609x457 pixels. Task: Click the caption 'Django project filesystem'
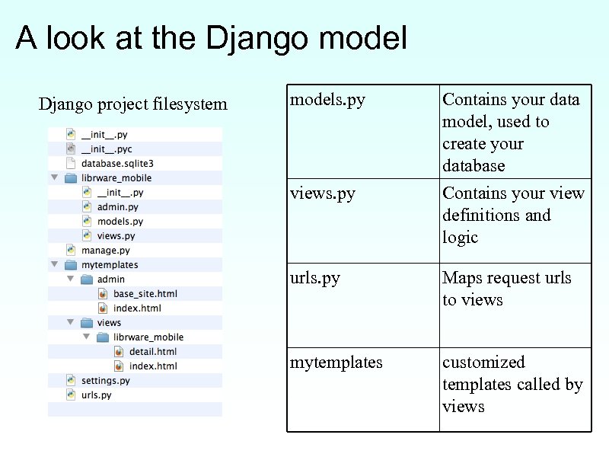(x=132, y=104)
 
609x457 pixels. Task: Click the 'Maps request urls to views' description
(x=506, y=289)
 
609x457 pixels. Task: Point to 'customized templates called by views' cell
(x=512, y=384)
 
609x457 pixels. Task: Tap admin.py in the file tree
(x=118, y=207)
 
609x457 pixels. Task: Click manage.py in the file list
(x=106, y=251)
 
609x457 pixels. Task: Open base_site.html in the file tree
(x=145, y=294)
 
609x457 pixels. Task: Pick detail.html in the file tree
(x=152, y=352)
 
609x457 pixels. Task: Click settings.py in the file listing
(x=106, y=381)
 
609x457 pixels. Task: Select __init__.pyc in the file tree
(x=107, y=149)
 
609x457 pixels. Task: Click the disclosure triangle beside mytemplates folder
(x=54, y=265)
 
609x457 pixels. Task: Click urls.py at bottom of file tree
(x=97, y=395)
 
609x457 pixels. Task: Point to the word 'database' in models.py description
(x=473, y=166)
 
